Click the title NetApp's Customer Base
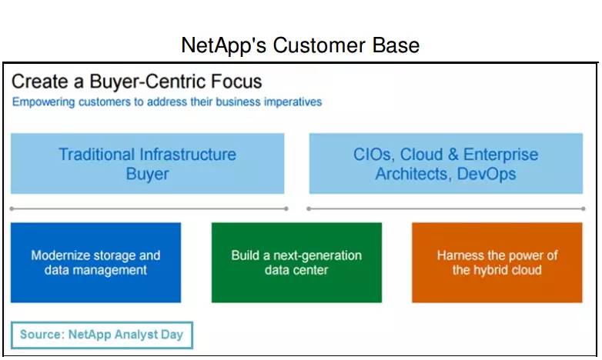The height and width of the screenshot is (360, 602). pos(300,45)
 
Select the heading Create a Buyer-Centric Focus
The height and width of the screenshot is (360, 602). pos(137,82)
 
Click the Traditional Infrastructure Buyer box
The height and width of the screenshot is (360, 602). pos(148,164)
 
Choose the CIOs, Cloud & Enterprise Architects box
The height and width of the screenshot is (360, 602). pos(446,164)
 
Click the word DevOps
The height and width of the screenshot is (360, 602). pos(487,174)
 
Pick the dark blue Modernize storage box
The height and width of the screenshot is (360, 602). pos(95,262)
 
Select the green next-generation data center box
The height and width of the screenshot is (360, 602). pos(296,262)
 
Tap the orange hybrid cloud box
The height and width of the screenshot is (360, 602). pos(497,262)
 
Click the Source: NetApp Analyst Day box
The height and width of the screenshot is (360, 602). pos(102,335)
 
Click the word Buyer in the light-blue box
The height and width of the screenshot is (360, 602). pos(148,174)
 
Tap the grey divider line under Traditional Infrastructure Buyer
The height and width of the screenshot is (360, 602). pos(149,208)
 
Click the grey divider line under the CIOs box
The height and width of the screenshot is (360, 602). pos(446,208)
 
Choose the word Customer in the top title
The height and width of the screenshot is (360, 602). pos(319,45)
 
